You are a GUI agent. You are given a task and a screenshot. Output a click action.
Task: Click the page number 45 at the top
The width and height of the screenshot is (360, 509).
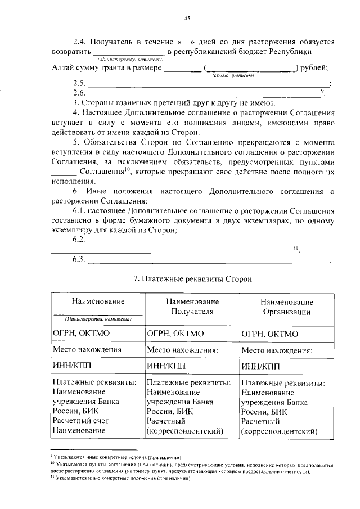point(187,18)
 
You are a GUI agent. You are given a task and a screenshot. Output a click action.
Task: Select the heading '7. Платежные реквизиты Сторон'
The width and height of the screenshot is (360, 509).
point(189,278)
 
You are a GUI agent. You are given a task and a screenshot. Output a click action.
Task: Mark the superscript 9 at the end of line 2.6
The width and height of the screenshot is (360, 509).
point(322,91)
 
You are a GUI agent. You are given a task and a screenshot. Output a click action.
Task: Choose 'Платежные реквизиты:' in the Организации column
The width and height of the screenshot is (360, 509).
point(282,383)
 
